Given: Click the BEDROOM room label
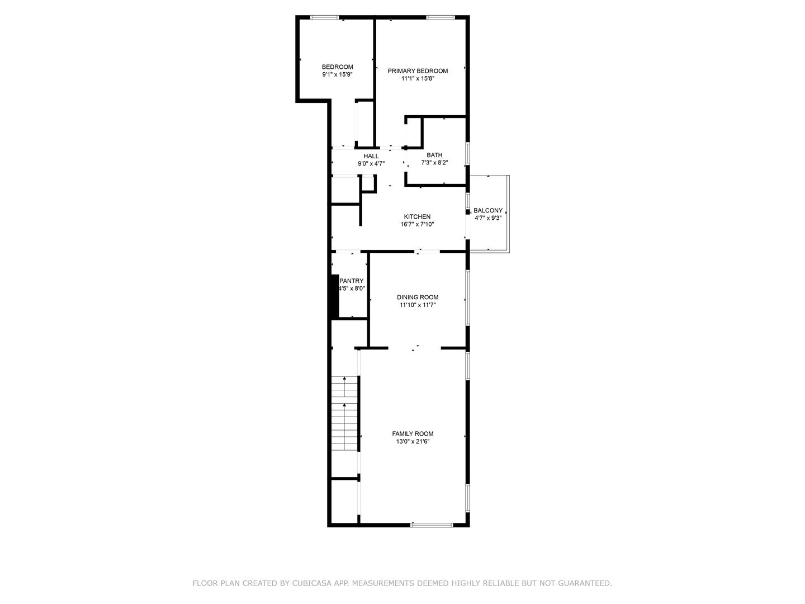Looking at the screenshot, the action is coord(337,67).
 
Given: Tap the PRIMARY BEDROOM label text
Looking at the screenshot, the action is coord(418,71).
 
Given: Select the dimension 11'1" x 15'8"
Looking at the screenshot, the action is coord(418,78).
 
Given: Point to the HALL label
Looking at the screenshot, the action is coord(371,156).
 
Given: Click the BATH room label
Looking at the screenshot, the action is coord(434,155).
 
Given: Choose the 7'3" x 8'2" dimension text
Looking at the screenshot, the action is coord(434,162).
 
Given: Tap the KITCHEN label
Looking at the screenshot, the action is coord(417,217).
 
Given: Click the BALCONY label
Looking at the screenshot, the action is coord(488,210).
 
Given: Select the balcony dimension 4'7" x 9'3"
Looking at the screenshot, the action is coord(488,218).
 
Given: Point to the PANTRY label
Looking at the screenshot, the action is coord(351,281).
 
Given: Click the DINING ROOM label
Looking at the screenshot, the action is coord(418,297).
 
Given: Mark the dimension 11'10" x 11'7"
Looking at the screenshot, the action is coord(418,305).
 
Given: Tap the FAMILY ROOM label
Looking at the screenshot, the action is coord(413,434).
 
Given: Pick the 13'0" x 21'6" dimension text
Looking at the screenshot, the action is coord(413,442).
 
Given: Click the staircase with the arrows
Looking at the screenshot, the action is coord(344,413).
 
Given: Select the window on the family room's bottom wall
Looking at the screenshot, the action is coord(432,525).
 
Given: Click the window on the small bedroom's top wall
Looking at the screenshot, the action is coord(325,17).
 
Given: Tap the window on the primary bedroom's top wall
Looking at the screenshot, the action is coord(441,17).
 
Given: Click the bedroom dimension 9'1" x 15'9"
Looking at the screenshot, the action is coord(337,74).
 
